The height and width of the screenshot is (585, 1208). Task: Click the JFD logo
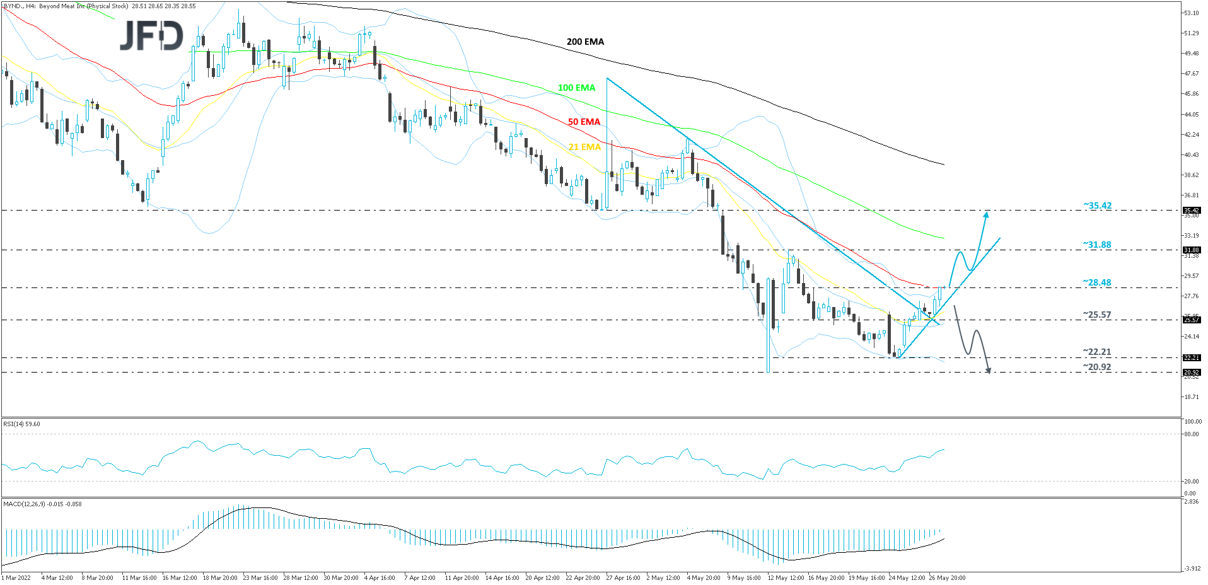coord(151,35)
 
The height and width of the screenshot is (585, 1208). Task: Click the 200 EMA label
coord(585,42)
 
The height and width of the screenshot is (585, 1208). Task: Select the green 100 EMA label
coord(576,88)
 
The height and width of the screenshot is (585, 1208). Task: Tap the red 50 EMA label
coord(584,122)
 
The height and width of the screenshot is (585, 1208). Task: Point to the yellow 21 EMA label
coord(584,147)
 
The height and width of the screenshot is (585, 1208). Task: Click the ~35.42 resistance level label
coord(1097,206)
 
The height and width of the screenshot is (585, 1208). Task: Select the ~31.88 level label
coord(1097,245)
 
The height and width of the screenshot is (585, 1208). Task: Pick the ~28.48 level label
coord(1097,282)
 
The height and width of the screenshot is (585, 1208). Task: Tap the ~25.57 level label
coord(1097,315)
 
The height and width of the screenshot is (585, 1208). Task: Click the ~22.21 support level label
coord(1097,352)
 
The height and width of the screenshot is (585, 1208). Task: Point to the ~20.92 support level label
coord(1097,367)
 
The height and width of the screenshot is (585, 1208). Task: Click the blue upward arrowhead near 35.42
coord(987,215)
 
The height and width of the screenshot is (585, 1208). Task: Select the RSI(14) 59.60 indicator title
coord(22,424)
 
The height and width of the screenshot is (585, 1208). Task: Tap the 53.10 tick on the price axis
coord(1191,13)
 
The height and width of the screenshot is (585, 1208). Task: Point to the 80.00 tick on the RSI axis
coord(1191,434)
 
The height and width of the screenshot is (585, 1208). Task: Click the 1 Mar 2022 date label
coord(16,577)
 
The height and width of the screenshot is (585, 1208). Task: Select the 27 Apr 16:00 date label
coord(623,577)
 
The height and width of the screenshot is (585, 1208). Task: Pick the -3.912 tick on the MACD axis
coord(1192,569)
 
